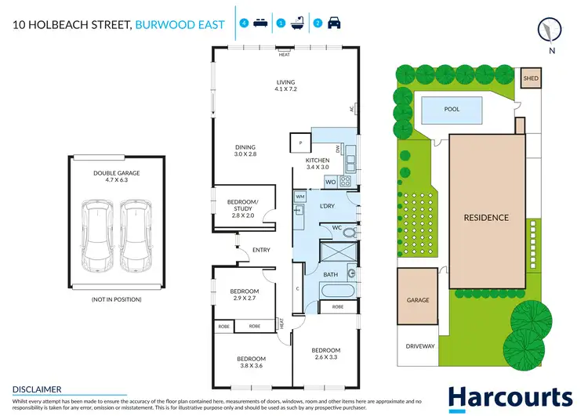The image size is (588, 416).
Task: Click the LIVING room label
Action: pos(285,85)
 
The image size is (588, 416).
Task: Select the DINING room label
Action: pos(245,150)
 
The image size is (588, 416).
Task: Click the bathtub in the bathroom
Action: pos(336,291)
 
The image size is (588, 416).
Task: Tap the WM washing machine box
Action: pos(299,196)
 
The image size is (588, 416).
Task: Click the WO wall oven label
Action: pos(331,182)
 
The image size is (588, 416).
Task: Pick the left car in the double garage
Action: pos(99,233)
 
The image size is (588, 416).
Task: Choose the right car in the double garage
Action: pos(134,233)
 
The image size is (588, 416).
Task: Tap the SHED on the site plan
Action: pos(531,79)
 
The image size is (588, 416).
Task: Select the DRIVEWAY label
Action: pos(419,345)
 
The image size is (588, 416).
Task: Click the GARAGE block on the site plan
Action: pos(418,299)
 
